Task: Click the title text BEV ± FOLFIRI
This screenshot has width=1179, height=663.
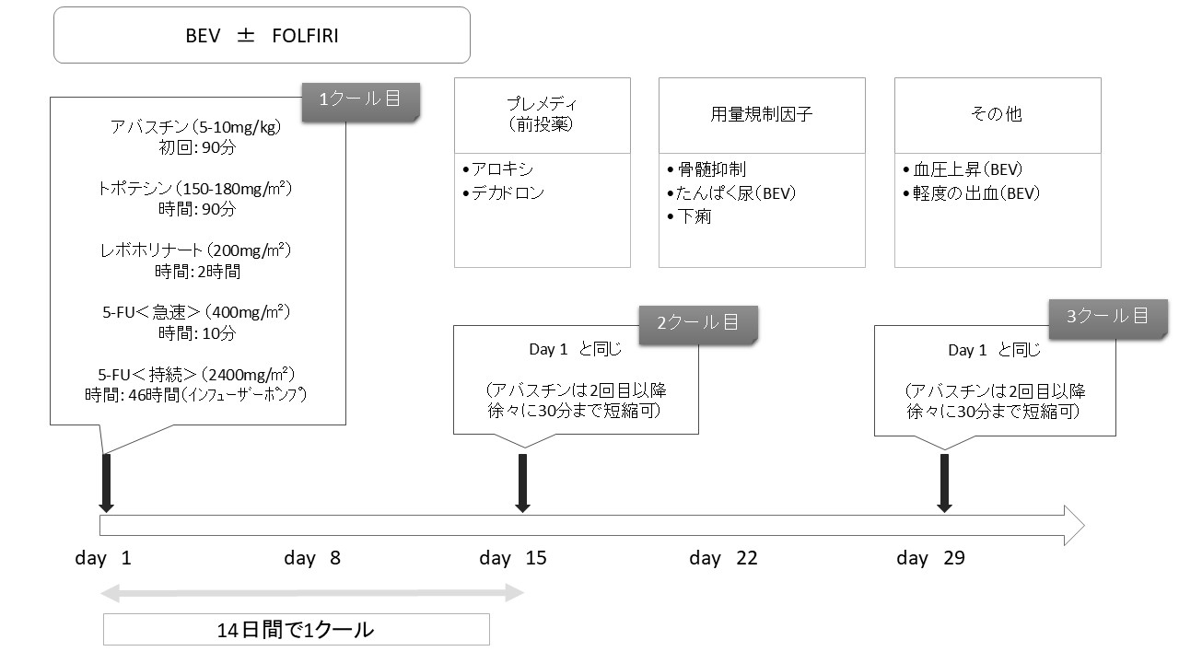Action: (262, 36)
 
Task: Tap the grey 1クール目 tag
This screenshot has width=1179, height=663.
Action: (360, 102)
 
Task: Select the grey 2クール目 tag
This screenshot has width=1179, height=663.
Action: (698, 325)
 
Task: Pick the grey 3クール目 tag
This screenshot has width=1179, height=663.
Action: (1108, 319)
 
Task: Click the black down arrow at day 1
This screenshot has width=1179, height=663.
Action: (106, 483)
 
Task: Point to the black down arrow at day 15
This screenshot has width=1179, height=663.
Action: (522, 483)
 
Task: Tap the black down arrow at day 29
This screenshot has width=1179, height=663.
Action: (945, 483)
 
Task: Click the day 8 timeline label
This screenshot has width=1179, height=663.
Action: (312, 558)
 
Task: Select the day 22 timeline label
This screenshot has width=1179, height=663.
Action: (723, 558)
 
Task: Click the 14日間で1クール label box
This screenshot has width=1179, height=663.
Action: (297, 629)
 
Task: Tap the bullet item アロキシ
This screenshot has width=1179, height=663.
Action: (498, 169)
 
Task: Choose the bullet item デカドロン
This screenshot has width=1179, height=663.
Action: (503, 193)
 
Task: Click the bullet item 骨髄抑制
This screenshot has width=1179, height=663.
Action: (706, 169)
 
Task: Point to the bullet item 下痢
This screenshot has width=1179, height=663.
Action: (689, 216)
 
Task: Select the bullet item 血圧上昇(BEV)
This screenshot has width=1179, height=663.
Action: (963, 169)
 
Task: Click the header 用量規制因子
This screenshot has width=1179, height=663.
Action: (762, 114)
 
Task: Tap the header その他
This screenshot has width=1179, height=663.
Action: (997, 114)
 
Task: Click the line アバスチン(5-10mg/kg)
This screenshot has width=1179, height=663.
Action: (196, 127)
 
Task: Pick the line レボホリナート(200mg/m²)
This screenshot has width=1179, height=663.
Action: (196, 250)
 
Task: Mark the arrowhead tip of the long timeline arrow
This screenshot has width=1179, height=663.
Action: (1085, 525)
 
